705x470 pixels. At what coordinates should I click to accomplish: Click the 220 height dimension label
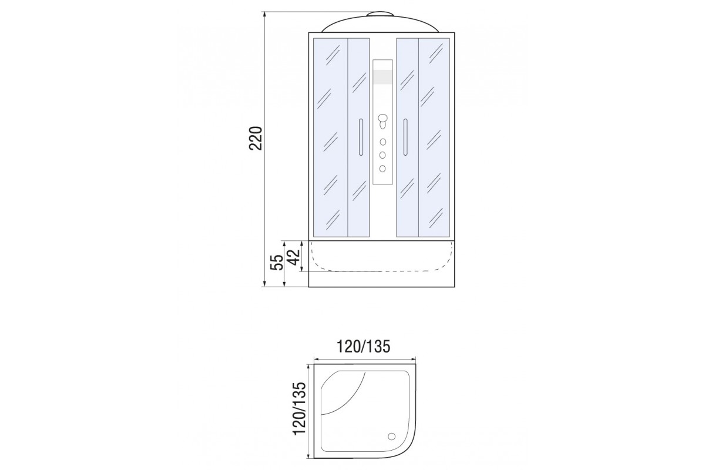tap(256, 139)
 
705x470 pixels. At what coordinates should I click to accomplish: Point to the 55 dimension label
tap(277, 262)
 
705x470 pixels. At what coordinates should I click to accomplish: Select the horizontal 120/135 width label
tap(364, 347)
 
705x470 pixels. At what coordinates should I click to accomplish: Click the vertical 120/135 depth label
tap(299, 409)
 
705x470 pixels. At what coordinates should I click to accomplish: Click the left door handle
tap(361, 137)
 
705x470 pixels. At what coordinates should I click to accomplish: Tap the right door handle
tap(405, 137)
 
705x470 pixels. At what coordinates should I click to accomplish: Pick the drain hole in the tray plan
tap(392, 437)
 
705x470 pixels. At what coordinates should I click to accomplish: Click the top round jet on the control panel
tap(382, 142)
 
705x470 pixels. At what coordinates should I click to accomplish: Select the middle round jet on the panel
tap(382, 155)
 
